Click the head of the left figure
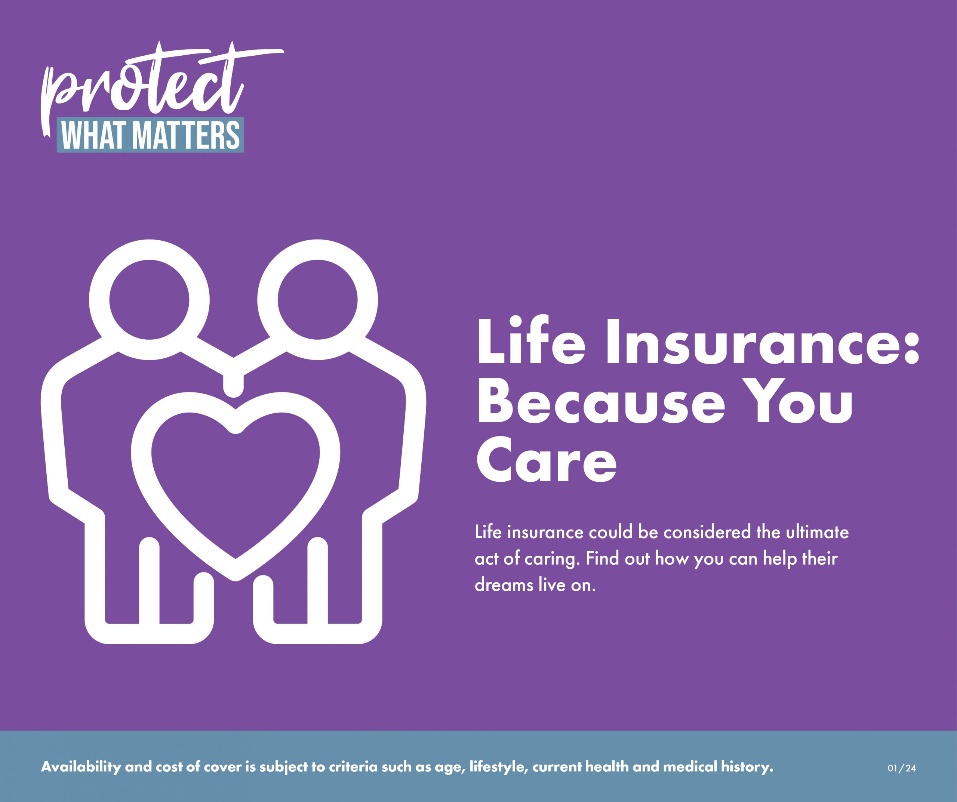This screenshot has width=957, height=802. click(149, 300)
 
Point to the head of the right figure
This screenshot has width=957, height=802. click(318, 300)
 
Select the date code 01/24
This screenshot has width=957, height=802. click(902, 768)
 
